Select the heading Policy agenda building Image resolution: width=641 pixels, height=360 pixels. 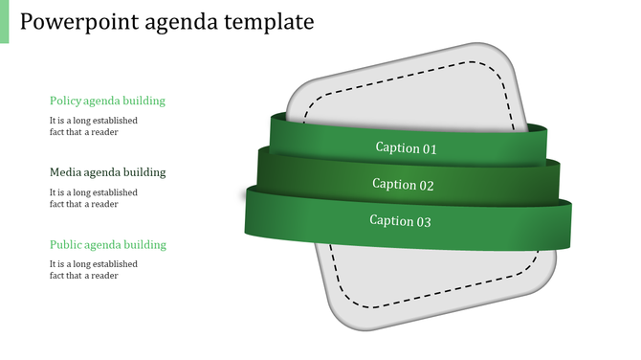(107, 101)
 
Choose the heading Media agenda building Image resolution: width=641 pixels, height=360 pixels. (107, 172)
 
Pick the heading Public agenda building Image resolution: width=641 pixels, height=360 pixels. (107, 244)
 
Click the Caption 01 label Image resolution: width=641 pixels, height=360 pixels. (406, 148)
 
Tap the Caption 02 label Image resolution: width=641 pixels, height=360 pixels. (403, 185)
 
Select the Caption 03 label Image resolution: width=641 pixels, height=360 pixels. (401, 221)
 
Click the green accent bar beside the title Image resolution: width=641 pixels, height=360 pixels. (4, 21)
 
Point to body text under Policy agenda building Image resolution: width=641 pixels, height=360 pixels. (94, 126)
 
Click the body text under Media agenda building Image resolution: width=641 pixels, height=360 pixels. (94, 198)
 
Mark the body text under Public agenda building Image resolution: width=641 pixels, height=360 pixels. (94, 270)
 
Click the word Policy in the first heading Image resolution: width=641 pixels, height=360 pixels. (65, 101)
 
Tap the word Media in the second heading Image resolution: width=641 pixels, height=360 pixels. (66, 172)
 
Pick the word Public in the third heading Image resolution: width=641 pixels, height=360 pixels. (66, 244)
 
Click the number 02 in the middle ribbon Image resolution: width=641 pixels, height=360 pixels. (426, 185)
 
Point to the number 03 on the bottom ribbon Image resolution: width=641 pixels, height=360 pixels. (423, 221)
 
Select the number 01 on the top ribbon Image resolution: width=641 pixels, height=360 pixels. (429, 148)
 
